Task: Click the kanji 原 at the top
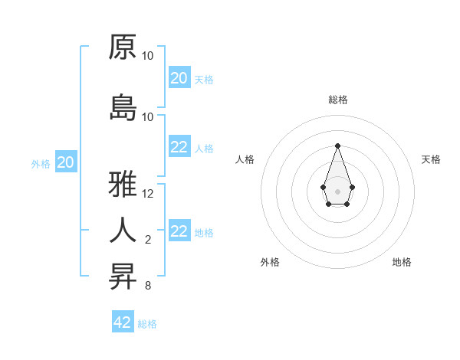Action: (123, 47)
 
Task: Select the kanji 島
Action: (123, 107)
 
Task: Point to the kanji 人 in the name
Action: (123, 230)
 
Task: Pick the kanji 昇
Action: (123, 277)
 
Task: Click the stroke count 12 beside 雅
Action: (148, 194)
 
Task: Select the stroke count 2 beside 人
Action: (148, 240)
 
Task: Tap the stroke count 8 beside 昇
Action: (148, 286)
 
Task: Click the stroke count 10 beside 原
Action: (148, 56)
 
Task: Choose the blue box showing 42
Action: (123, 322)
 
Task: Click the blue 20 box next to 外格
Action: (66, 162)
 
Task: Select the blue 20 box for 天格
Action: (179, 78)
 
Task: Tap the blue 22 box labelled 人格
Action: (179, 147)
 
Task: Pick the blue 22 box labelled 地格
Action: (179, 231)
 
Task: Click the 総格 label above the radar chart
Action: (337, 100)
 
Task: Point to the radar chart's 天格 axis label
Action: (431, 159)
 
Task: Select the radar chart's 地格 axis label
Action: (402, 262)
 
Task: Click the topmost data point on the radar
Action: (337, 146)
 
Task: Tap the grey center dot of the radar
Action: (337, 190)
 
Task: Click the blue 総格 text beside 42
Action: (147, 324)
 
